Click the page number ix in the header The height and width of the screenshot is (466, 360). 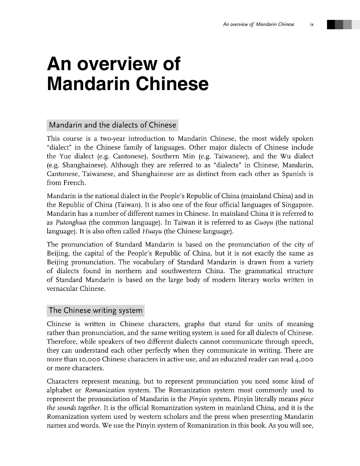312,24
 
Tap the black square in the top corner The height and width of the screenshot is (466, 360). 331,24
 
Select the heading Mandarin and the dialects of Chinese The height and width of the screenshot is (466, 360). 112,125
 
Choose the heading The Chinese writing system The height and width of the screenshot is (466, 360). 96,310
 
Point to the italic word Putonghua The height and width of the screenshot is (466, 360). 71,222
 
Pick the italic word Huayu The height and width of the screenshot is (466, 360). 152,231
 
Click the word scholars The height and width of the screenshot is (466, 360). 173,416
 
